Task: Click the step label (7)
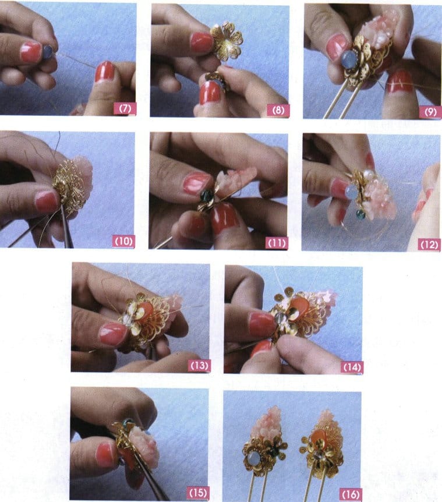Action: pos(124,108)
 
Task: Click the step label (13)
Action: pos(199,365)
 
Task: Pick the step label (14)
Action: pos(352,367)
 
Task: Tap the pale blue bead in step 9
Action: pos(349,58)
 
